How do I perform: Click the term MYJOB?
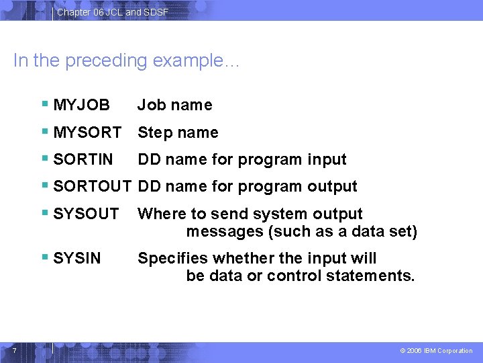[81, 105]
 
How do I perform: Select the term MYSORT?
[87, 132]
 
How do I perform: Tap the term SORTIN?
[83, 159]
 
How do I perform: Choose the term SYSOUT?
[86, 214]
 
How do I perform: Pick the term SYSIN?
[76, 258]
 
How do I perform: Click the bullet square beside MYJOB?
[44, 104]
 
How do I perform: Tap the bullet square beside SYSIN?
[44, 257]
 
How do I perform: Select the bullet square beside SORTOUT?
[44, 186]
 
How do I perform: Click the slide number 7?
[13, 349]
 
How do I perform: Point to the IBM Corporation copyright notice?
[436, 351]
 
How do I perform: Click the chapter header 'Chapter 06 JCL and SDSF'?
[112, 12]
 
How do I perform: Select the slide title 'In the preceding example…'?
[126, 61]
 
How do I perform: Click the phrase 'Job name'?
[174, 105]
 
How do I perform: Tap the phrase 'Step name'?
[178, 132]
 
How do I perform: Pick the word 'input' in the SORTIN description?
[327, 159]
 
